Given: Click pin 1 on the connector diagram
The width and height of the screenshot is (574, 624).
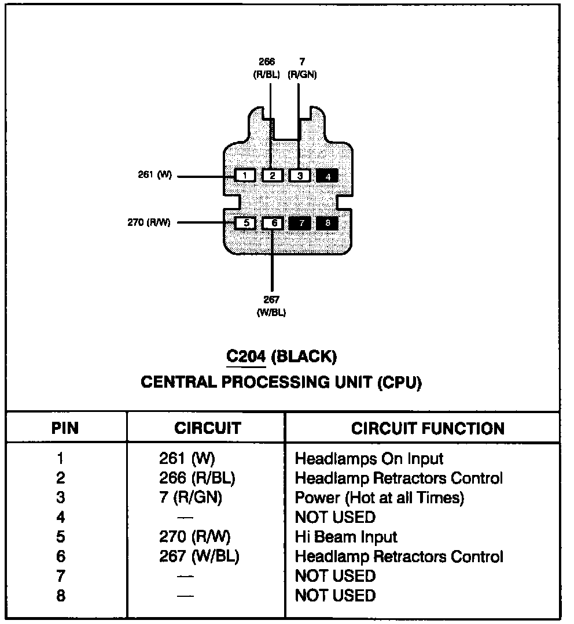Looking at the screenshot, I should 245,176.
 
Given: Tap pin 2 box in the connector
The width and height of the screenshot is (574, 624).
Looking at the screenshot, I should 273,176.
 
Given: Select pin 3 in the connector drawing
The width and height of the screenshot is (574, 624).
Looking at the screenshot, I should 300,176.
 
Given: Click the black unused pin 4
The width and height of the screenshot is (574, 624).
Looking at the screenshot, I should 328,176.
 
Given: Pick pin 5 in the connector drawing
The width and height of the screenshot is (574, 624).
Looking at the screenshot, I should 245,223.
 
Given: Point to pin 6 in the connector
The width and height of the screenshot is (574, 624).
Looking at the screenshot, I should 273,223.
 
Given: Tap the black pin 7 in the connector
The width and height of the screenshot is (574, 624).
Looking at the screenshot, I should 300,223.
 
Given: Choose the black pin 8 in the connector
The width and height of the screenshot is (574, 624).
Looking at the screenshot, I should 328,223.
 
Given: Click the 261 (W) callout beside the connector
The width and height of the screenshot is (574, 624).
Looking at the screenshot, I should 155,175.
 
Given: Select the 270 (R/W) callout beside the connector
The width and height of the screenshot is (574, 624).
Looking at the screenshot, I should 149,222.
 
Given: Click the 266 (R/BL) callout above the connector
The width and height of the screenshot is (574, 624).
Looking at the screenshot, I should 267,68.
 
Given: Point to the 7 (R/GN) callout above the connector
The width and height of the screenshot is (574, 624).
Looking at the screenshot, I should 302,68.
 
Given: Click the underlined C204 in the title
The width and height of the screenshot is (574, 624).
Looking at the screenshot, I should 245,356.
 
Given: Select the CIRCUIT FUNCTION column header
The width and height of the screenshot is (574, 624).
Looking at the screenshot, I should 428,429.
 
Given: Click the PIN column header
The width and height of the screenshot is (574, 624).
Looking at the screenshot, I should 65,429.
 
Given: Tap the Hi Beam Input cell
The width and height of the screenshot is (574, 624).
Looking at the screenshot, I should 346,537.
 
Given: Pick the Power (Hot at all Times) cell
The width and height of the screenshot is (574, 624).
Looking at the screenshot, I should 379,497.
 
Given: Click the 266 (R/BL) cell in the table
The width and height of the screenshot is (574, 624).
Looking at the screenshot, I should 197,478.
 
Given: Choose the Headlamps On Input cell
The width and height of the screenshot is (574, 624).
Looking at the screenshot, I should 369,459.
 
